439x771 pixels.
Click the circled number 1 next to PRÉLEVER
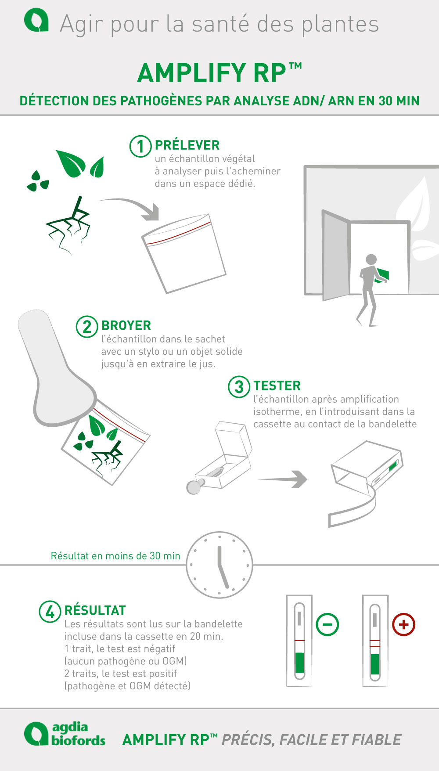tap(140, 146)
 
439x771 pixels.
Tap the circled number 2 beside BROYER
tap(87, 327)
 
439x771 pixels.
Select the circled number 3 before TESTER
tap(239, 387)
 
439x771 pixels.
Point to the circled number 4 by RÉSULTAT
tap(50, 612)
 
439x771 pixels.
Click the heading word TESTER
tap(277, 385)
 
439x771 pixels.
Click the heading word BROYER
tap(126, 325)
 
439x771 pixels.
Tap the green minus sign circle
tap(327, 624)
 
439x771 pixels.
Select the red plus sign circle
tap(403, 624)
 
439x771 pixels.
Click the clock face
tap(219, 565)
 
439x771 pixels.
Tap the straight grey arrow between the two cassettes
tap(283, 479)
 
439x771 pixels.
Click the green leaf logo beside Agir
tap(36, 22)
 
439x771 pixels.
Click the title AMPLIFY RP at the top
tap(219, 73)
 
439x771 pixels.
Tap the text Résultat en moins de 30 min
tap(115, 556)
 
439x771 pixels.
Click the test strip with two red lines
tap(375, 641)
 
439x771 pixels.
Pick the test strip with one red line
tap(299, 641)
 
